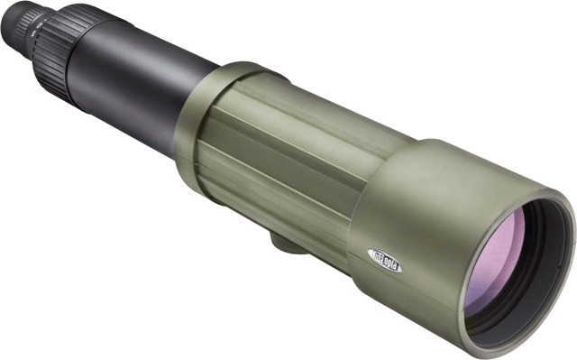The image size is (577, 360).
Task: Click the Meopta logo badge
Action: pyautogui.click(x=385, y=258)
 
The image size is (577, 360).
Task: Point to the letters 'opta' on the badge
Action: pyautogui.click(x=391, y=262)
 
